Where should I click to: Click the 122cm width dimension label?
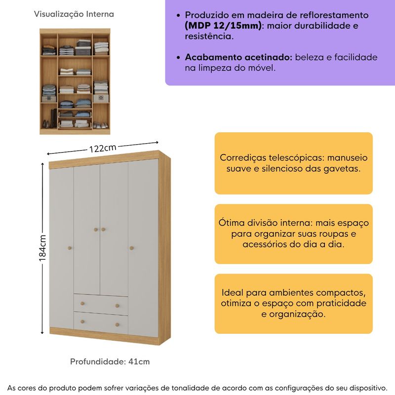103,148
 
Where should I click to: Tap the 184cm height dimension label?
42,248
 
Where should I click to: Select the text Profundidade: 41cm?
110,361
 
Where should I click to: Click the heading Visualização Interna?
74,14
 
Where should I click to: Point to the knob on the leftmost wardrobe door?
70,248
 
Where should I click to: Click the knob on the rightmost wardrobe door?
131,248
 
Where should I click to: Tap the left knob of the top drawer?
82,304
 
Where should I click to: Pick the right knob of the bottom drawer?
117,325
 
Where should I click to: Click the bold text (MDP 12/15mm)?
223,26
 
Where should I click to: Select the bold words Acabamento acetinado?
238,57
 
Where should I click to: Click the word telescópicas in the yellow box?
297,158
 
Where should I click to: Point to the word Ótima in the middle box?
231,223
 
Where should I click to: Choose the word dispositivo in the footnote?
368,388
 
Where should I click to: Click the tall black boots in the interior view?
54,118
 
